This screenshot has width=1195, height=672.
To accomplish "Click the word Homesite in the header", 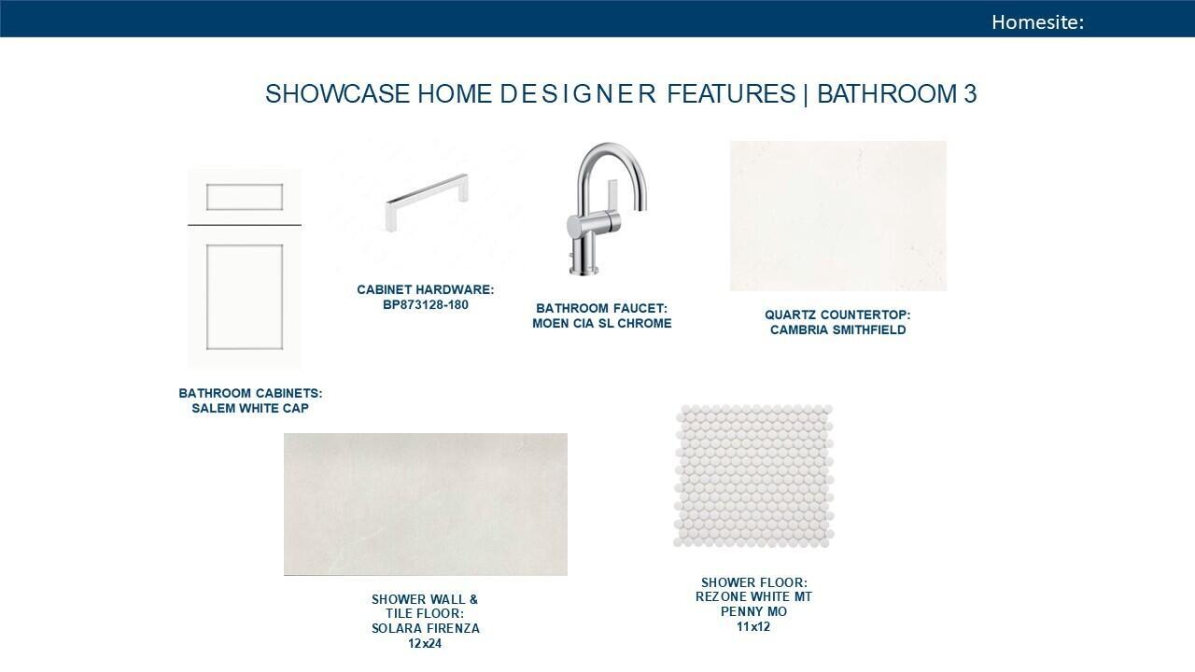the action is (x=1035, y=21).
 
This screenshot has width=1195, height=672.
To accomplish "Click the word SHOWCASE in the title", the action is (x=337, y=94).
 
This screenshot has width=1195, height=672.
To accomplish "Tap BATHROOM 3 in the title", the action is (x=897, y=94).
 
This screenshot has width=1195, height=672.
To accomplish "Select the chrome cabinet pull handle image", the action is (x=427, y=203).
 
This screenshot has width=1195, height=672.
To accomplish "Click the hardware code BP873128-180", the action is (x=425, y=305).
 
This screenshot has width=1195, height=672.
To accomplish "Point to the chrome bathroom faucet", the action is (x=607, y=208).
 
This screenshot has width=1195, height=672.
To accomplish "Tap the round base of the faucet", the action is (x=584, y=271).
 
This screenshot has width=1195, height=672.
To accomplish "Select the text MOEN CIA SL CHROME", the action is (x=602, y=323).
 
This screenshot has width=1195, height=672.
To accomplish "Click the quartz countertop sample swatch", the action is (x=838, y=216).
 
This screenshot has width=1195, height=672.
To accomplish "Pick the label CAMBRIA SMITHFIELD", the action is (x=837, y=329).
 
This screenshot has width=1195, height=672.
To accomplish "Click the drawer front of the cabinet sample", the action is (x=245, y=197).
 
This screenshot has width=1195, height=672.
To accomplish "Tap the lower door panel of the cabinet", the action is (x=245, y=297).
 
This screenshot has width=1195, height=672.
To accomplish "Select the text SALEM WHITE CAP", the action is (x=250, y=408).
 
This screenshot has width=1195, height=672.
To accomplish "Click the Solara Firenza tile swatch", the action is (x=425, y=504).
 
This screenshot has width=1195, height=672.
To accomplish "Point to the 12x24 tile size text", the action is (x=425, y=643).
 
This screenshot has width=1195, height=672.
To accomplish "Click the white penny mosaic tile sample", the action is (x=753, y=476).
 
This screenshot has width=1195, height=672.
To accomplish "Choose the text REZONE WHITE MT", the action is (x=753, y=596).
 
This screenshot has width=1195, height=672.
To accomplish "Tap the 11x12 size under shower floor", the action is (x=753, y=626).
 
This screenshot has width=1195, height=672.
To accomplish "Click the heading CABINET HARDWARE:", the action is (x=425, y=289).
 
